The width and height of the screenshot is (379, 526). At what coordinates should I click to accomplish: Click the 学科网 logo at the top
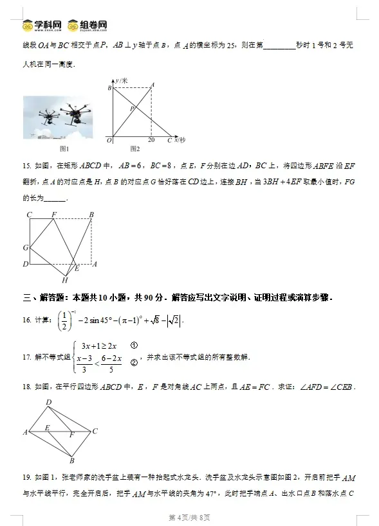42,25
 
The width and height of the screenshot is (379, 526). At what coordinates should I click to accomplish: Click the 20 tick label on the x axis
151,140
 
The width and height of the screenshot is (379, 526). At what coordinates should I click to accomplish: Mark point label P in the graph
131,109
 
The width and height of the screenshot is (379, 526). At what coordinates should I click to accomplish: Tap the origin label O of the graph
109,140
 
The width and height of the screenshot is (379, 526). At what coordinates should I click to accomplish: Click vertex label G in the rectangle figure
25,247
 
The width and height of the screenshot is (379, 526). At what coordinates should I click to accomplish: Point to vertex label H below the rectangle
64,280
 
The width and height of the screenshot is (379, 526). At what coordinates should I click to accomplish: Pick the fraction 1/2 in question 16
63,319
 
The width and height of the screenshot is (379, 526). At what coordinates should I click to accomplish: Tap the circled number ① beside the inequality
133,345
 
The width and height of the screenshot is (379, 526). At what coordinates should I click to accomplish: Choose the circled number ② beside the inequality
133,362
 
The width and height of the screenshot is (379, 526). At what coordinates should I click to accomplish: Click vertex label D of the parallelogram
48,403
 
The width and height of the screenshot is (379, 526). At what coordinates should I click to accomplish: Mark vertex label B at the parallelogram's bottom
72,460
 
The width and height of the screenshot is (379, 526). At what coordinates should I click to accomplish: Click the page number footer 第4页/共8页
189,517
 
